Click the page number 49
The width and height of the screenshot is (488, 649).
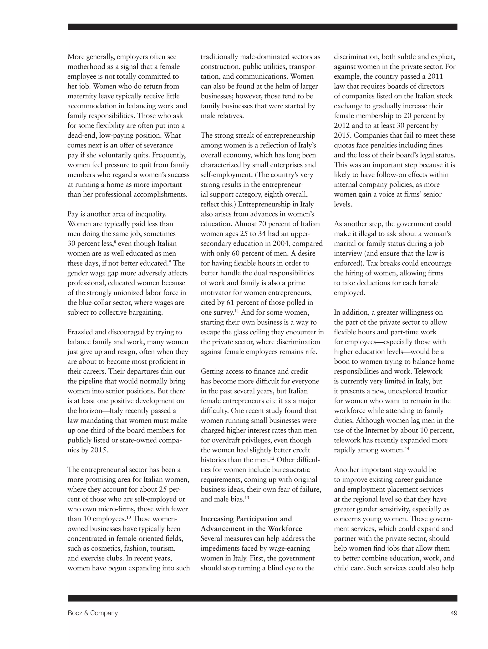[x=453, y=613]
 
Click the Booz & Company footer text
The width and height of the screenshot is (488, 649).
[x=92, y=613]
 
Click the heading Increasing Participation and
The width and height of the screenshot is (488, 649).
[x=246, y=519]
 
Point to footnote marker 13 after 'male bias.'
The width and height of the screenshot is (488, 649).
[x=247, y=497]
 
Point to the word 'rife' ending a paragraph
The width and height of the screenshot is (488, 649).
[x=311, y=352]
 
